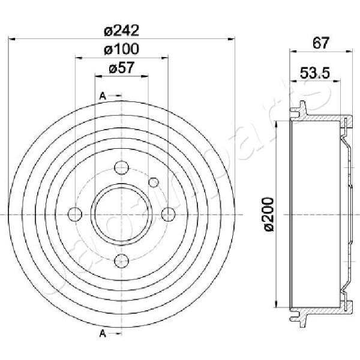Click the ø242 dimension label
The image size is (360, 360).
coord(121,31)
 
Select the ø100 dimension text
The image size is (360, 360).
coord(121,49)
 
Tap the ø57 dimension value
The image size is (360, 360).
coord(121,68)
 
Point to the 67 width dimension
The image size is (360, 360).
coord(321,43)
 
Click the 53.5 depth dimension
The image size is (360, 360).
coord(315,73)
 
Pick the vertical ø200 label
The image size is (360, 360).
coord(269,214)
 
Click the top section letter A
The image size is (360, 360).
coord(103,96)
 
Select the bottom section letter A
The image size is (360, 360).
coord(103,334)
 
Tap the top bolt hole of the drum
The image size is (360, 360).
coord(121,168)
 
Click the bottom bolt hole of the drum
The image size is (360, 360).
coord(121,261)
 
